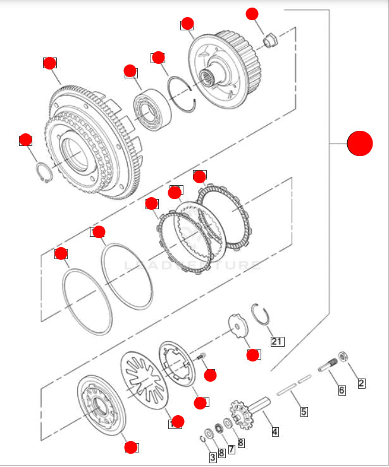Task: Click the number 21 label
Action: click(x=276, y=342)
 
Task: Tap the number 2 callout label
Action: click(x=361, y=382)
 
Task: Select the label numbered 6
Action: click(x=342, y=391)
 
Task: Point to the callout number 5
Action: click(x=304, y=411)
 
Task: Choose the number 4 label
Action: click(x=275, y=432)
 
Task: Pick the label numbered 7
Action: click(x=232, y=449)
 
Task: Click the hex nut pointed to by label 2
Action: click(x=343, y=356)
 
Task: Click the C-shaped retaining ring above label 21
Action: click(x=261, y=313)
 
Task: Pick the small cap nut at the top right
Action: click(x=270, y=40)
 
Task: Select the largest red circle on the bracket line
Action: click(x=360, y=143)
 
